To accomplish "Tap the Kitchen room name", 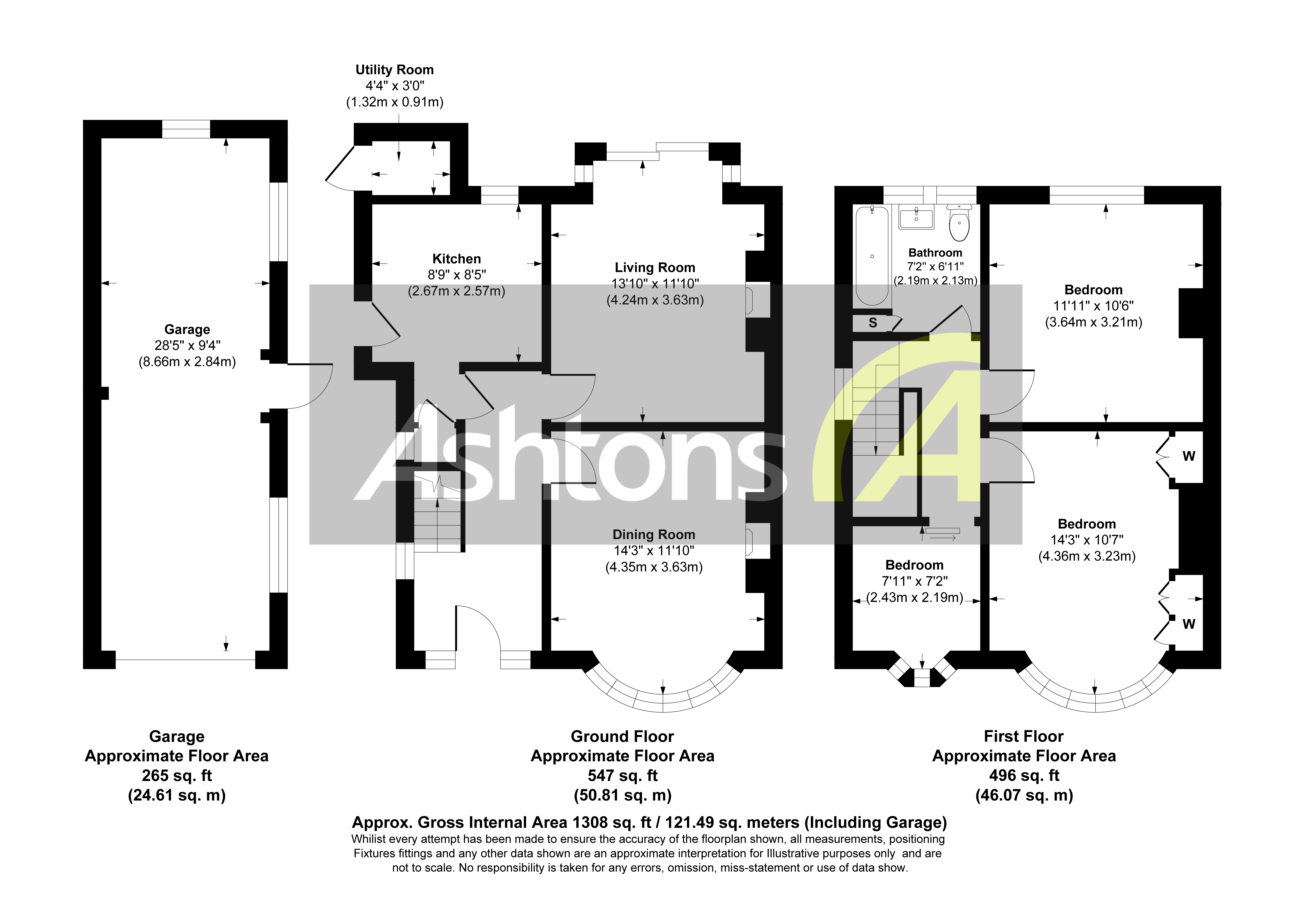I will tap(456, 259).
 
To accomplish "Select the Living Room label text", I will tap(655, 268).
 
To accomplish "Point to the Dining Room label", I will tap(654, 535).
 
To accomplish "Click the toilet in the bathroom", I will tap(959, 223).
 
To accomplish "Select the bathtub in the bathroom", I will tap(872, 256).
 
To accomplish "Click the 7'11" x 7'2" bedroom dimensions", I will tap(915, 581).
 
